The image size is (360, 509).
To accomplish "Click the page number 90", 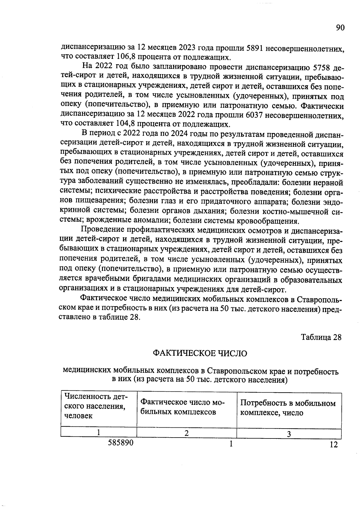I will pyautogui.click(x=340, y=28).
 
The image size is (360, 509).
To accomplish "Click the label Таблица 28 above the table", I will pyautogui.click(x=321, y=337).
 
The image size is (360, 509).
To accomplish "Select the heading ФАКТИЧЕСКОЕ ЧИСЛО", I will pyautogui.click(x=200, y=354).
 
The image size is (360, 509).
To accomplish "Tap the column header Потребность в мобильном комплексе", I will pyautogui.click(x=288, y=408).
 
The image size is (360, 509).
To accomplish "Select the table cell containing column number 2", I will pyautogui.click(x=186, y=433).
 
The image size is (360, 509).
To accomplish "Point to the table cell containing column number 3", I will pyautogui.click(x=289, y=434).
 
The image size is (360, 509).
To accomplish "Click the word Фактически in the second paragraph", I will pyautogui.click(x=322, y=106).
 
